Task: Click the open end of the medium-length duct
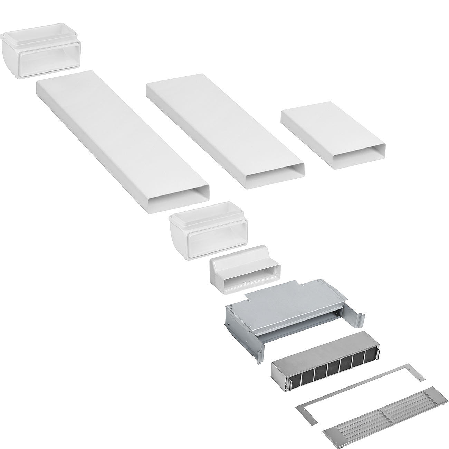[276, 177]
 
